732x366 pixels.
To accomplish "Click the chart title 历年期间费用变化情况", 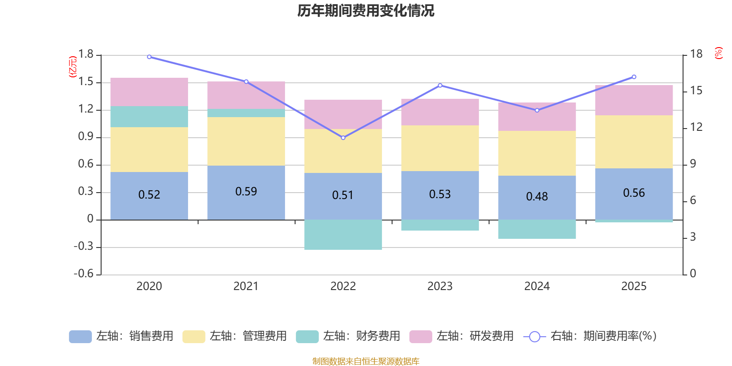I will [x=366, y=11].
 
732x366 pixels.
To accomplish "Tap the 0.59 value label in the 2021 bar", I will [x=246, y=191].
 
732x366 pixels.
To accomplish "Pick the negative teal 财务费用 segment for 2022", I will [x=343, y=234].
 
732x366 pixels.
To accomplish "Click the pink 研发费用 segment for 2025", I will [x=634, y=100].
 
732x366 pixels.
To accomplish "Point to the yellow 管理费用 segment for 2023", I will [x=440, y=148].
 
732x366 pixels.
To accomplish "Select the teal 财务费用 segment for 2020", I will [x=149, y=117].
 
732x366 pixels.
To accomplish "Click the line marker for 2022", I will [x=343, y=138].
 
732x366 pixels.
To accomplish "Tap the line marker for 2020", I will [x=149, y=57].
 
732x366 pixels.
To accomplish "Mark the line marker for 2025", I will [x=634, y=77].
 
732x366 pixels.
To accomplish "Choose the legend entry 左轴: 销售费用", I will [x=121, y=336].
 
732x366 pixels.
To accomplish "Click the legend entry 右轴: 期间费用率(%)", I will [x=590, y=336].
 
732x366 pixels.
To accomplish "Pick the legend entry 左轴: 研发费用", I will [x=462, y=336].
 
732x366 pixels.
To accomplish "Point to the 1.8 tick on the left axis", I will [x=86, y=54].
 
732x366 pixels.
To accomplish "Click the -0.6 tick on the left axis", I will [x=84, y=274].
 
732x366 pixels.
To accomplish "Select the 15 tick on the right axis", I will [x=696, y=91].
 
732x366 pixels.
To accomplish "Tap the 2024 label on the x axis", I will [x=537, y=286].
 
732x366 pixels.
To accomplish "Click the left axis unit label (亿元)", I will [x=72, y=67].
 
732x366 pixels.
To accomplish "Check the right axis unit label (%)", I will [x=718, y=53].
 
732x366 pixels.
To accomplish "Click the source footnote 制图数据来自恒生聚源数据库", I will [x=366, y=361].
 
